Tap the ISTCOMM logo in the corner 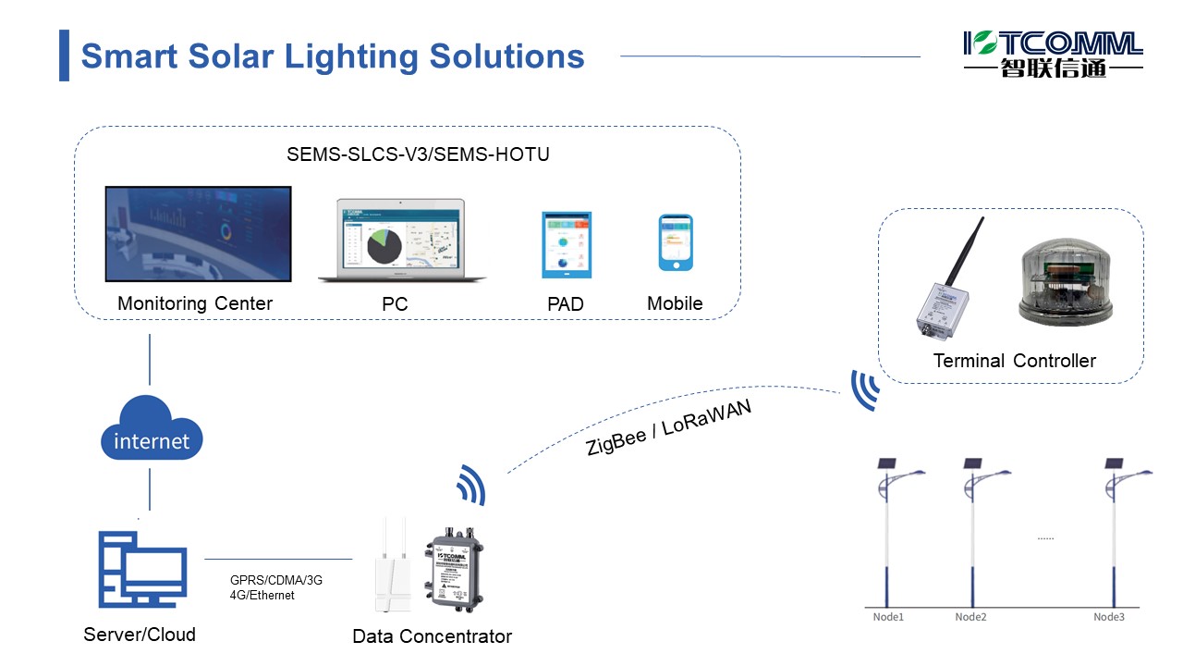pos(1053,54)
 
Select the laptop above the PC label pos(401,240)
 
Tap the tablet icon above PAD pos(566,244)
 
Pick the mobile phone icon pos(675,242)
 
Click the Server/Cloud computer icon pos(142,568)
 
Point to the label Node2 pos(971,617)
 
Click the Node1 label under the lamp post pos(888,617)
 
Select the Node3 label pos(1109,617)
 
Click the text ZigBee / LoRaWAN pos(668,426)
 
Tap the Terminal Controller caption pos(1014,361)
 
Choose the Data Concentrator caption pos(432,636)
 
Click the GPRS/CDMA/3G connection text pos(276,581)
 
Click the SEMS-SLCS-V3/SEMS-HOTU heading pos(418,154)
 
